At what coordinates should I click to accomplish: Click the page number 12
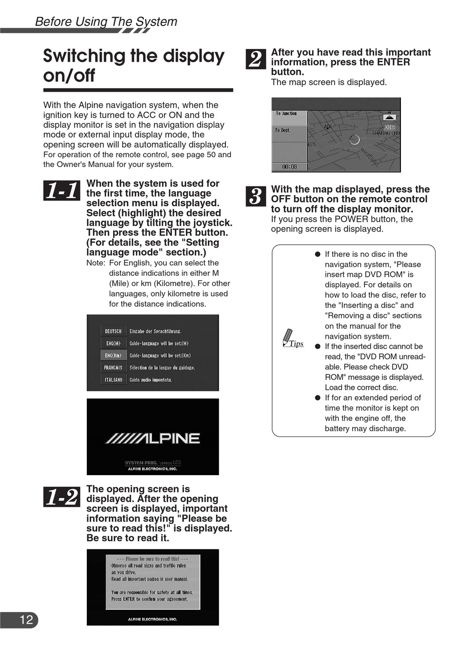[x=26, y=619]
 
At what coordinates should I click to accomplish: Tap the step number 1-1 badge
[x=62, y=190]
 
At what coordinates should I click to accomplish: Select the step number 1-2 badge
[x=62, y=497]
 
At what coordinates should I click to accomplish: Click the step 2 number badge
[x=256, y=59]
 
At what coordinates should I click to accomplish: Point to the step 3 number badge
[x=256, y=196]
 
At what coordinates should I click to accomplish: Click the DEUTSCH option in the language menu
[x=113, y=331]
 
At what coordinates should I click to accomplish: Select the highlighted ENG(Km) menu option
[x=113, y=355]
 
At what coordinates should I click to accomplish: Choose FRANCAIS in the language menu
[x=113, y=367]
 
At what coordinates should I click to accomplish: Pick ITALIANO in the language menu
[x=113, y=380]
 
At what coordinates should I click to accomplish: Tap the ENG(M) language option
[x=113, y=343]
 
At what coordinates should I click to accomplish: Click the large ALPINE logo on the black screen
[x=153, y=438]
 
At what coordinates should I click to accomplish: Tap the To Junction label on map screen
[x=286, y=114]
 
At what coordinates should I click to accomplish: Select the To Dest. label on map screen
[x=282, y=130]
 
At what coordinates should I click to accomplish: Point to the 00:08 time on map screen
[x=289, y=166]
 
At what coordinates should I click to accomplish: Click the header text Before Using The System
[x=106, y=22]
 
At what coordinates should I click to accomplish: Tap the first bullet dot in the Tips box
[x=317, y=254]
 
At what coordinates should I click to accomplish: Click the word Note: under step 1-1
[x=96, y=263]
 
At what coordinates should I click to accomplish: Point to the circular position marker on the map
[x=354, y=140]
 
